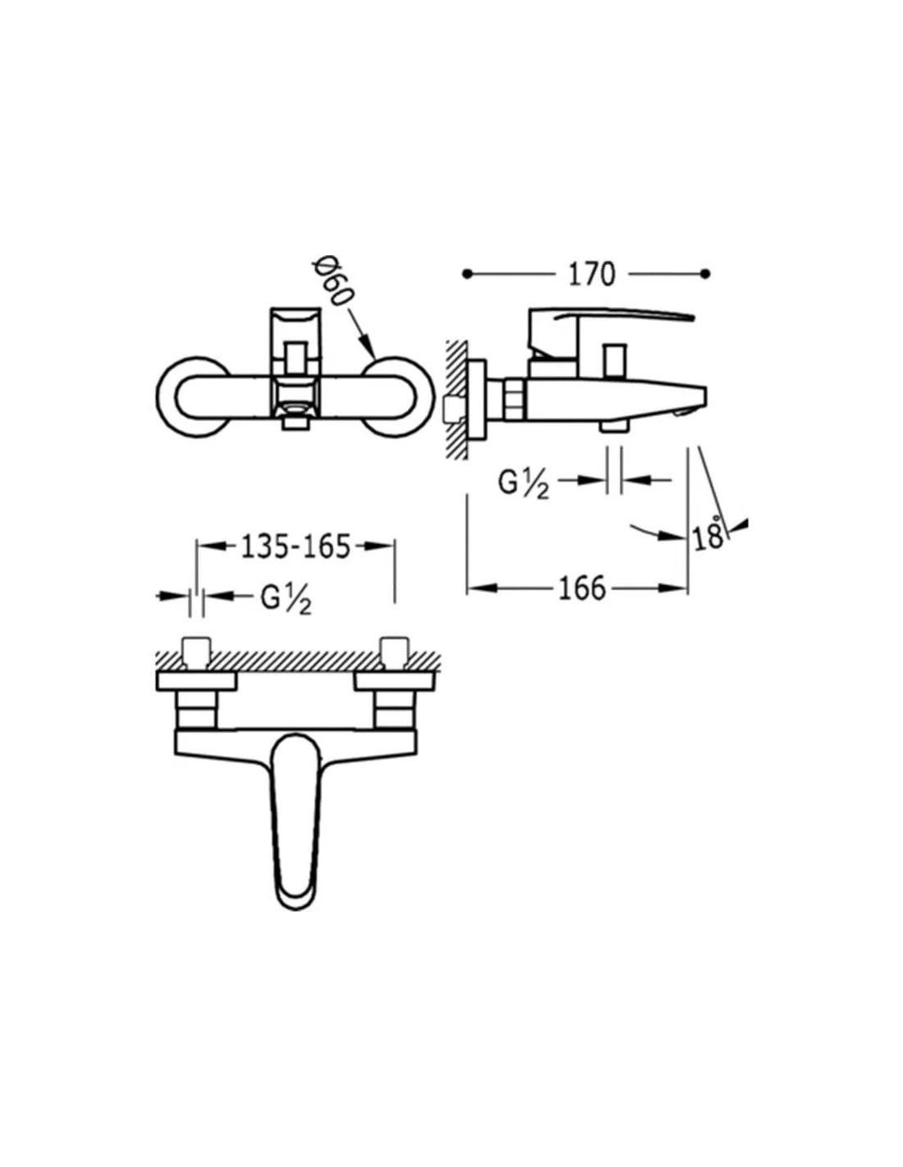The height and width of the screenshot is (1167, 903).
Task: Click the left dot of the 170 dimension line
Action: click(468, 274)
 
